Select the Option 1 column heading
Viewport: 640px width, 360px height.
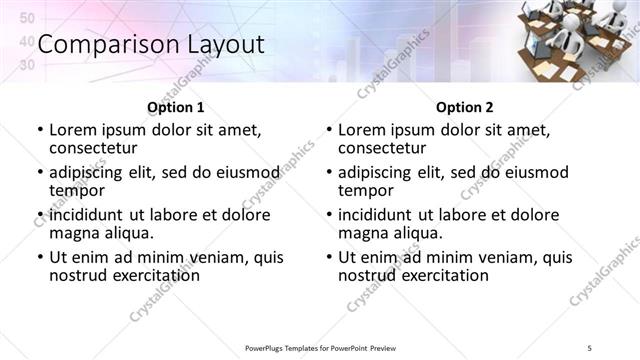pos(176,107)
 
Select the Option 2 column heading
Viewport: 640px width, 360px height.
pos(465,107)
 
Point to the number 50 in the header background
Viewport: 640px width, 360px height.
pos(27,19)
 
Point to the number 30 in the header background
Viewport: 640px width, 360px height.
pos(27,64)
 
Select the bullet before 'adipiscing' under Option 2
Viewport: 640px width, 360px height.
pos(329,173)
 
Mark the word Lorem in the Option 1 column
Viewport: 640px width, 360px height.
pos(72,130)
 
